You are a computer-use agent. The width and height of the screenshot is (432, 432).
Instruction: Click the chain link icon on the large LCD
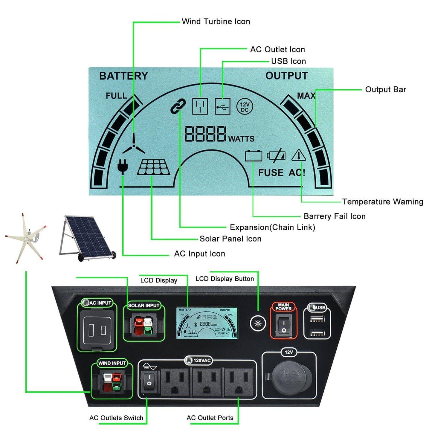[x=178, y=106]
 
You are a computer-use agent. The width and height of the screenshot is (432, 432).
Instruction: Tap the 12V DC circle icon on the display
[x=245, y=107]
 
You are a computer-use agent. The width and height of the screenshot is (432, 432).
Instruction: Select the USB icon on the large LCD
[x=223, y=106]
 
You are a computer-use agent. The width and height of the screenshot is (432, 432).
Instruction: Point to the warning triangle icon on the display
[x=298, y=155]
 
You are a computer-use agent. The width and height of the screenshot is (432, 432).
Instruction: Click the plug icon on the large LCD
[x=122, y=167]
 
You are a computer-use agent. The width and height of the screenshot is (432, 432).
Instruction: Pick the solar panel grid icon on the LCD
[x=154, y=167]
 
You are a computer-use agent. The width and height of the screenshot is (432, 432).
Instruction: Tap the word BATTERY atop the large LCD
[x=123, y=76]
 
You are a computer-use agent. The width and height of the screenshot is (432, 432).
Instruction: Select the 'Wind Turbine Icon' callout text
[x=216, y=22]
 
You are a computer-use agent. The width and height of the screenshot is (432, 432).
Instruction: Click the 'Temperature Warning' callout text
[x=382, y=202]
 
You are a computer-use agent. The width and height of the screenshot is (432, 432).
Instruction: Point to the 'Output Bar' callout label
[x=385, y=90]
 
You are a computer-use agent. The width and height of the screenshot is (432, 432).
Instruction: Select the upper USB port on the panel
[x=317, y=320]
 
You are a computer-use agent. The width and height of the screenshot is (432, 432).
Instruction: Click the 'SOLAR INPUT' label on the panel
[x=144, y=306]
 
